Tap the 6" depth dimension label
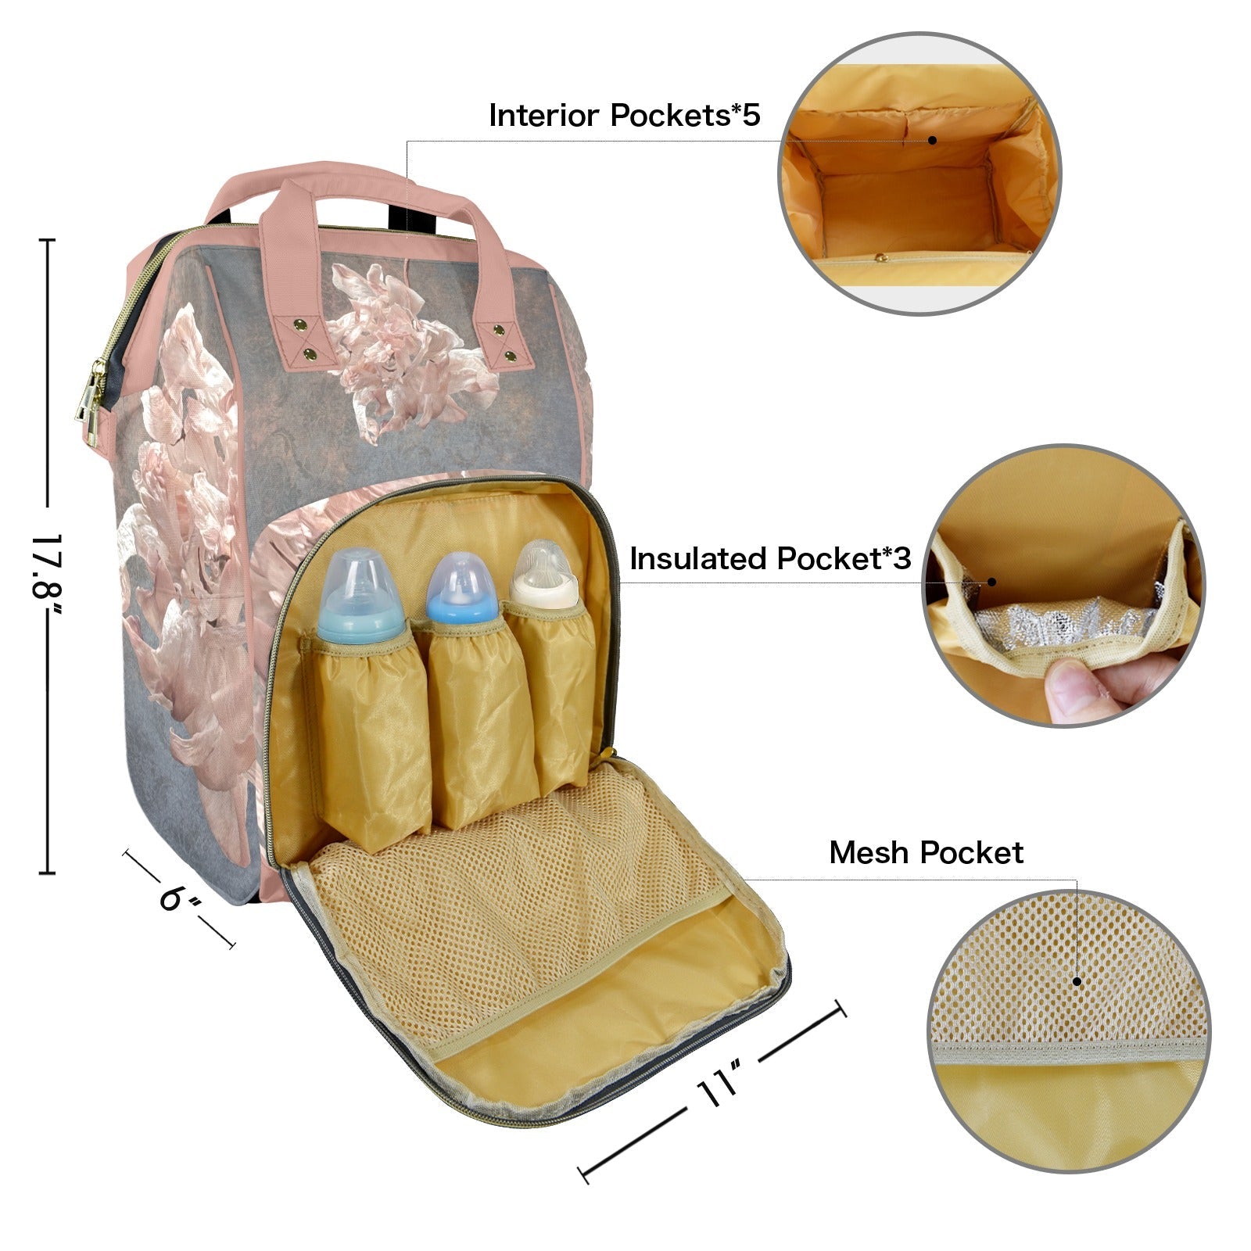click(181, 897)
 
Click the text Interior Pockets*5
click(624, 115)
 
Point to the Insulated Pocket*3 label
click(770, 558)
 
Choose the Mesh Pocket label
click(926, 852)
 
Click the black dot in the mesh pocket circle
click(1077, 981)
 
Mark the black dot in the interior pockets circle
click(932, 140)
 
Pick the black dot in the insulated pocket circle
click(991, 582)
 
